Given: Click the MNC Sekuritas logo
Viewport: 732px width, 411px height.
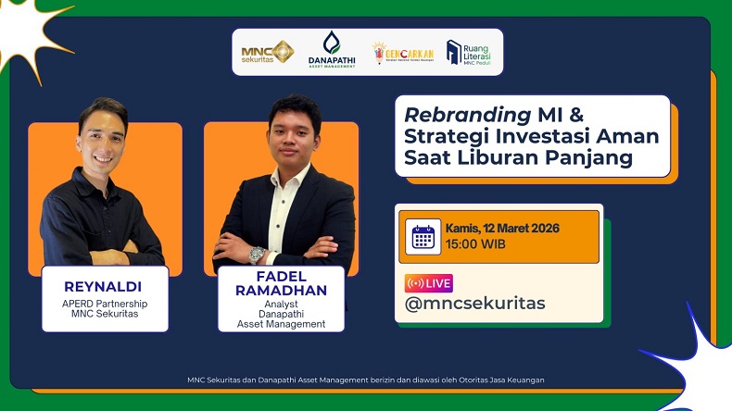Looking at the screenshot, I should pyautogui.click(x=267, y=52).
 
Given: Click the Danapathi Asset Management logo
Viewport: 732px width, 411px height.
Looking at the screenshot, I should pyautogui.click(x=331, y=50).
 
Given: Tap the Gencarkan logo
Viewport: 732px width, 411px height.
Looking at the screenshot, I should pyautogui.click(x=402, y=52).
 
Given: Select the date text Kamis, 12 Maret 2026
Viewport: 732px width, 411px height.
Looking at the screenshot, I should pyautogui.click(x=502, y=229).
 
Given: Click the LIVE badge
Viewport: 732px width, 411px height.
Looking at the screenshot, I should pyautogui.click(x=428, y=283).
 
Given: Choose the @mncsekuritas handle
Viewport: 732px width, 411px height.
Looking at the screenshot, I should pyautogui.click(x=475, y=304).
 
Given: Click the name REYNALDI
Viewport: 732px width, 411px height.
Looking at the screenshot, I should pyautogui.click(x=105, y=285).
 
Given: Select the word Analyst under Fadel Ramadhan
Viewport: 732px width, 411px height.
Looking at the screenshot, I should pyautogui.click(x=281, y=303).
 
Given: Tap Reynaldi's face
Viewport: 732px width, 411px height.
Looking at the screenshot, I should pyautogui.click(x=102, y=134).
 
